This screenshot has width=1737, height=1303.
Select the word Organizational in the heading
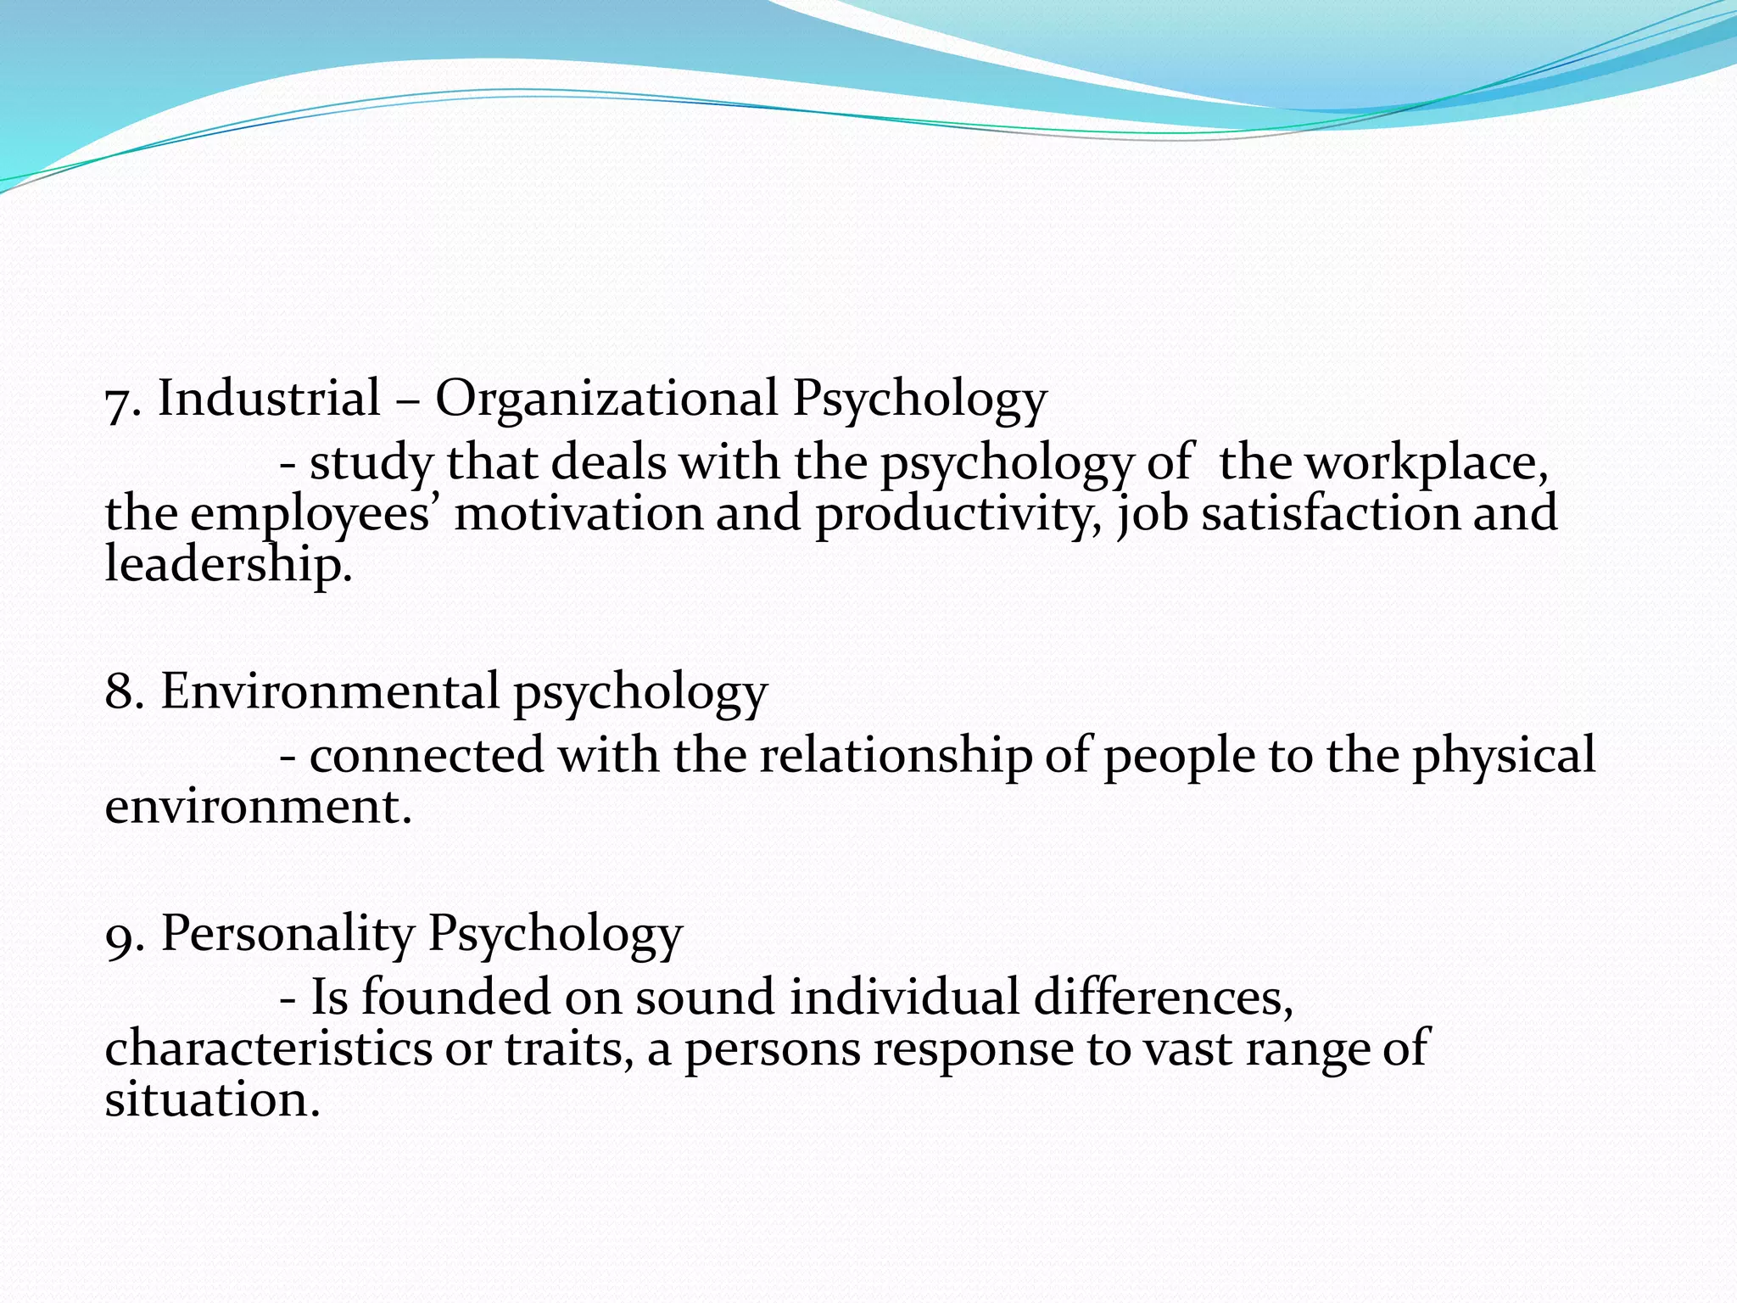coord(606,399)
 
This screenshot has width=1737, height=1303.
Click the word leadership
coord(226,564)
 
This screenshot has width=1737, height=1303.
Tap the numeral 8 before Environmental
coord(120,691)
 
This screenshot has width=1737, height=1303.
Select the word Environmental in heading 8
coord(330,691)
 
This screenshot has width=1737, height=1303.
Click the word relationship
coord(895,756)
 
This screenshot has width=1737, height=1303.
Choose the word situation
coord(211,1099)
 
